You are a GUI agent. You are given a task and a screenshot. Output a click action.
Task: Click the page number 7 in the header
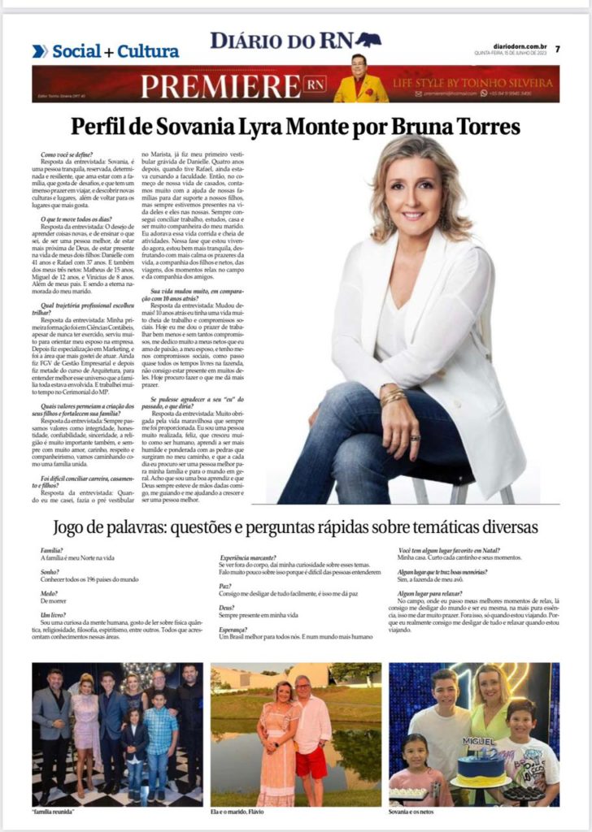[x=558, y=49]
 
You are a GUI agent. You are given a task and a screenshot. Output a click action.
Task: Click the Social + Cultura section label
[x=115, y=52]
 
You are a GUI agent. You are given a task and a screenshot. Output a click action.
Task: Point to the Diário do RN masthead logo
[x=294, y=41]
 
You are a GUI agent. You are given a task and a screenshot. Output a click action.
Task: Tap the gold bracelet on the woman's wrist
[x=393, y=397]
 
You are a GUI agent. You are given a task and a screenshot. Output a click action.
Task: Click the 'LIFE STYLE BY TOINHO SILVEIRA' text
[x=475, y=83]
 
